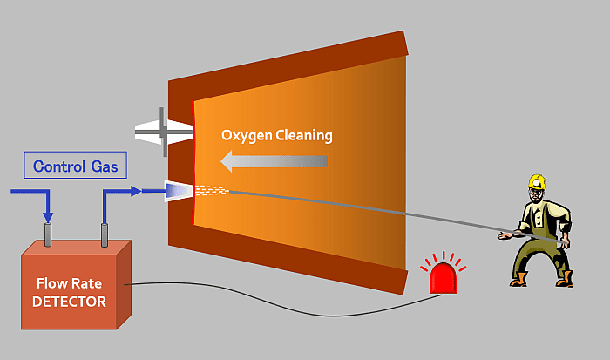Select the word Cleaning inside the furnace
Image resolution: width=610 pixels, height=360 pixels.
(303, 136)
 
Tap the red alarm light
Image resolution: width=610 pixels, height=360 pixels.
(443, 277)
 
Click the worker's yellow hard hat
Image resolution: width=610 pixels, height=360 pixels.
(537, 181)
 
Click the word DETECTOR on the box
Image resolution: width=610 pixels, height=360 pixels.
(69, 302)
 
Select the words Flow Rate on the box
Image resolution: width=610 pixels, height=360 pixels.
(69, 284)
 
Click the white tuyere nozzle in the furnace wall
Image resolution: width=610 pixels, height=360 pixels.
(178, 190)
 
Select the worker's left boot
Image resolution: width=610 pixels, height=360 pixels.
(520, 279)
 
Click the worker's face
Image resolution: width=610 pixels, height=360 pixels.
(537, 195)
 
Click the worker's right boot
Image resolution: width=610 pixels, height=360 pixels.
(564, 278)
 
